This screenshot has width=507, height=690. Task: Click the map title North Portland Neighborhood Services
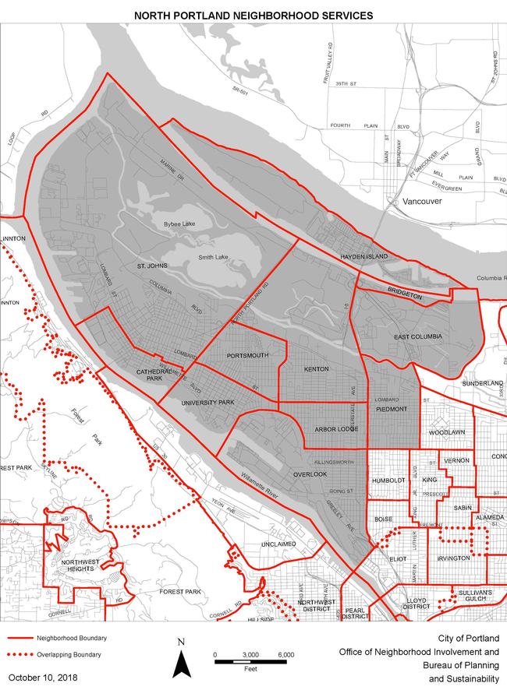253,15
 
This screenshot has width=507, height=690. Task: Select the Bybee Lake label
178,224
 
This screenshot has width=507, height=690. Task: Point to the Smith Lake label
214,257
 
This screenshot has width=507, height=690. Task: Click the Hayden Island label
363,255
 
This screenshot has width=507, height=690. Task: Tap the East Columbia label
418,336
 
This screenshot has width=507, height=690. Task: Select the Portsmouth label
247,355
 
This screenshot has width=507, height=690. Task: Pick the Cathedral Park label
154,374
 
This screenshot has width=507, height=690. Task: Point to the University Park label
207,403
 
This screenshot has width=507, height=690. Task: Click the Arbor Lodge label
335,429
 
